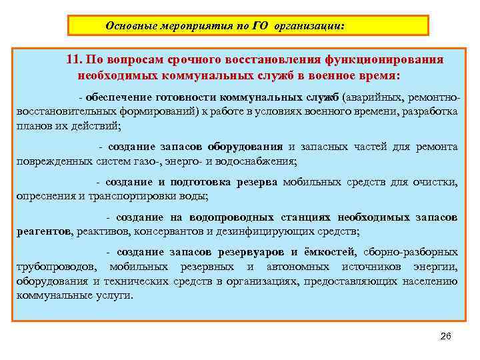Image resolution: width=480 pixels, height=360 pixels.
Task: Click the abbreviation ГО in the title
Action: pos(260,26)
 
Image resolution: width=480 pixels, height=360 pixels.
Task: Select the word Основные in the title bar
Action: pos(132,26)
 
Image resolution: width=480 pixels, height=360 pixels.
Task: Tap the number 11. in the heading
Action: pos(75,59)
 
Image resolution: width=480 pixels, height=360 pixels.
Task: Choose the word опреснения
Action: pos(46,196)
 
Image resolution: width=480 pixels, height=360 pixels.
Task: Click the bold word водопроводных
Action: pos(231,218)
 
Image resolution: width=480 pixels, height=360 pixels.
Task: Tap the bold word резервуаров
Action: pos(250,252)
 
